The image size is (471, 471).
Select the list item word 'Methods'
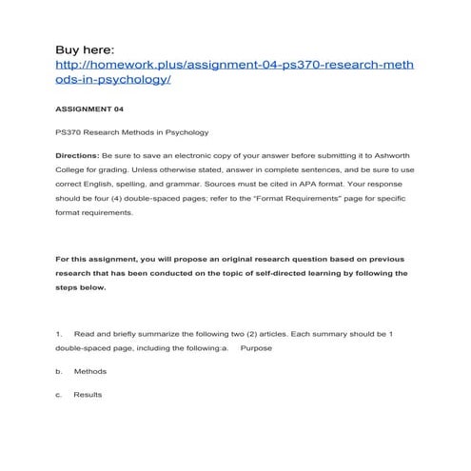tap(90, 372)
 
